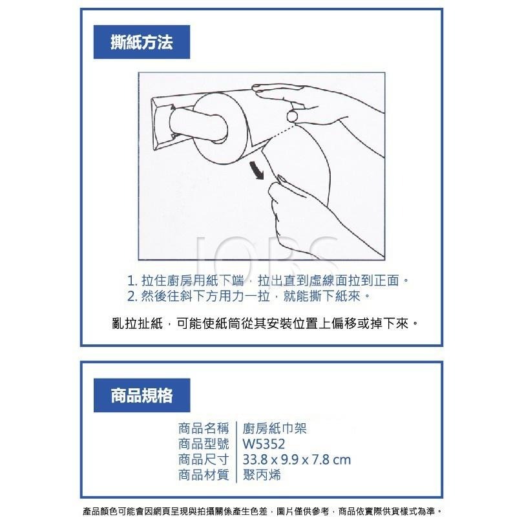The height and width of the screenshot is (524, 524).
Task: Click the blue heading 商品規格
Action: pos(141,395)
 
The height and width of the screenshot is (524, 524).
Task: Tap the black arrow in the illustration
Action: pos(257,171)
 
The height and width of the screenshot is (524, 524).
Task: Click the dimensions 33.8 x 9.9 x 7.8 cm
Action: pos(297,459)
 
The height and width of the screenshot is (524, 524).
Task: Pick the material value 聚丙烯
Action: pos(262,475)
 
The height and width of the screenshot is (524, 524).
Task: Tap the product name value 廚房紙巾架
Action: pos(275,428)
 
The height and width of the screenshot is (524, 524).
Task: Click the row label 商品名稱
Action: pos(204,428)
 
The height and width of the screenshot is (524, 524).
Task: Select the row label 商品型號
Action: pos(204,444)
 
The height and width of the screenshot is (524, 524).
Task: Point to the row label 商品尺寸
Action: pos(204,459)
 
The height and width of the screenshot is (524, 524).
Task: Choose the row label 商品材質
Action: pos(204,475)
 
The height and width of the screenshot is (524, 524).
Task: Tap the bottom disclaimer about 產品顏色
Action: pos(262,511)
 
